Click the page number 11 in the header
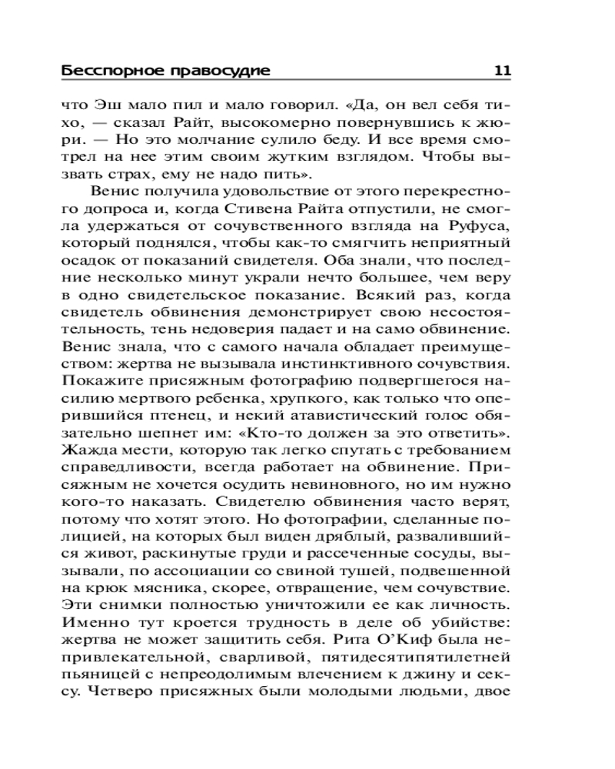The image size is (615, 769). pos(503,72)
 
